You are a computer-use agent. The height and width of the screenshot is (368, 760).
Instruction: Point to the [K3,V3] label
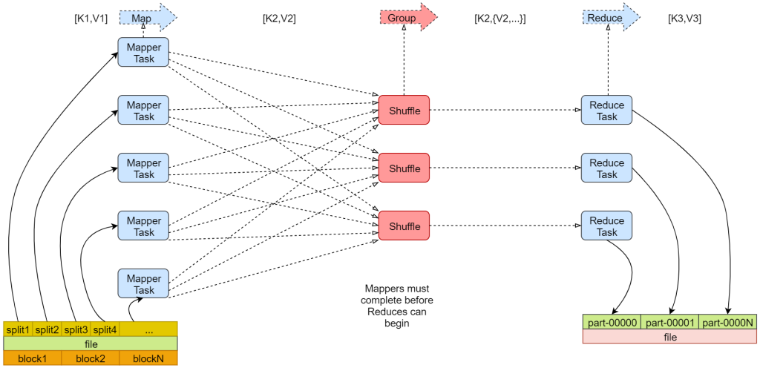point(684,19)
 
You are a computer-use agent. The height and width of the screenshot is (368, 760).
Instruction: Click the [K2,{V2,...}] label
point(499,19)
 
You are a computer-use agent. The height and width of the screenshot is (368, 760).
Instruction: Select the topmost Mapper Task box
point(143,53)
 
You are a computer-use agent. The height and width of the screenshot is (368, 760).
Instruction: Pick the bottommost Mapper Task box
point(143,284)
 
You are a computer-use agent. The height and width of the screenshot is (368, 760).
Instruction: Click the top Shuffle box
point(404,111)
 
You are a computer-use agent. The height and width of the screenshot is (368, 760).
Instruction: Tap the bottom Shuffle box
point(404,226)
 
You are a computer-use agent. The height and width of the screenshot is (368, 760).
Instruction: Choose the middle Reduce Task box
point(606,168)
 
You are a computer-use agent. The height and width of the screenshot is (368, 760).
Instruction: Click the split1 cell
point(18,329)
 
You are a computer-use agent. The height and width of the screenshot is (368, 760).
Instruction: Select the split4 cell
point(105,329)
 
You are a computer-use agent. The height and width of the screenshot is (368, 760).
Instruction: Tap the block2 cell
point(91,358)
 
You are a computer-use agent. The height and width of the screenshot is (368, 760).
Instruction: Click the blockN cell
point(148,358)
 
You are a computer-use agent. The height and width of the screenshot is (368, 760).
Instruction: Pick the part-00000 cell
point(612,323)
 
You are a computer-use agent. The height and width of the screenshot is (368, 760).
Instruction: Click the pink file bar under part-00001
point(670,337)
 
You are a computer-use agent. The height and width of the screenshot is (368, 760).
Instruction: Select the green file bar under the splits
point(91,344)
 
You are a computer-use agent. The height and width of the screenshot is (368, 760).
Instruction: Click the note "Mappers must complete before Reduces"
point(396,305)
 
